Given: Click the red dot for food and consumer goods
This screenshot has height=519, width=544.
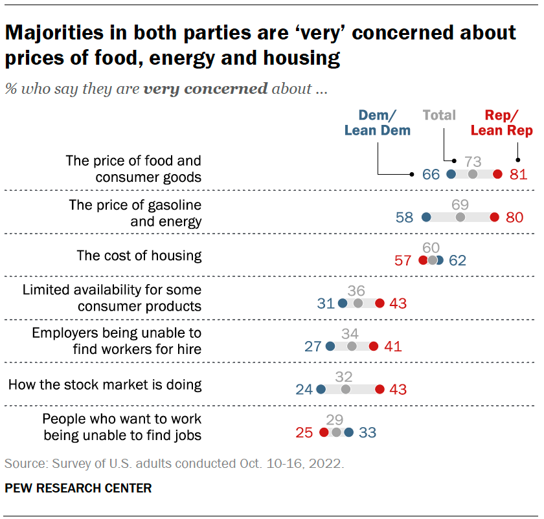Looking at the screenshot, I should (x=497, y=174).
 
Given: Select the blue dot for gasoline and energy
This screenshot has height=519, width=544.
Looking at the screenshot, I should (x=425, y=217).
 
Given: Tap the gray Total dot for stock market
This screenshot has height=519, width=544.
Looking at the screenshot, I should (x=345, y=390).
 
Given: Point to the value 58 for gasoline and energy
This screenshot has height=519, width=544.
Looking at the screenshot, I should (x=404, y=217).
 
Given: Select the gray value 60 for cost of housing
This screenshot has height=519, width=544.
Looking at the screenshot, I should (x=431, y=247).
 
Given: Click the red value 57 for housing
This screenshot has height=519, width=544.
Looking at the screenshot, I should (x=403, y=261).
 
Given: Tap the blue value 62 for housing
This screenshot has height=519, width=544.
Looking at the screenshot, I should (x=457, y=261).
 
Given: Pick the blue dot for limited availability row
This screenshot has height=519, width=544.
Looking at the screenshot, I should (x=343, y=304).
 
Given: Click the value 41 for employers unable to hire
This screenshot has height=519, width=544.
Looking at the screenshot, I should (x=392, y=346).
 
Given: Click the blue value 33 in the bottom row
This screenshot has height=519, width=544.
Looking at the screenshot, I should (x=367, y=432).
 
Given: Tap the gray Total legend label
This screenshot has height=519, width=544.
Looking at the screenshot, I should (x=439, y=116).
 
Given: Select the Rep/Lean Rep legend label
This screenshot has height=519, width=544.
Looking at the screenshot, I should (x=501, y=124).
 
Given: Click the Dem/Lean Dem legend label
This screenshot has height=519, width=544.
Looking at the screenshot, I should (x=378, y=124).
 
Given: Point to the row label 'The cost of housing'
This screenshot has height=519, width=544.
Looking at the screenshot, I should (x=139, y=256).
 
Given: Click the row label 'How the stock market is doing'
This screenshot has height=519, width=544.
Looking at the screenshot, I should (x=105, y=385).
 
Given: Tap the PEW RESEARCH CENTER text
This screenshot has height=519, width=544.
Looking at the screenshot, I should (x=78, y=489).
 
